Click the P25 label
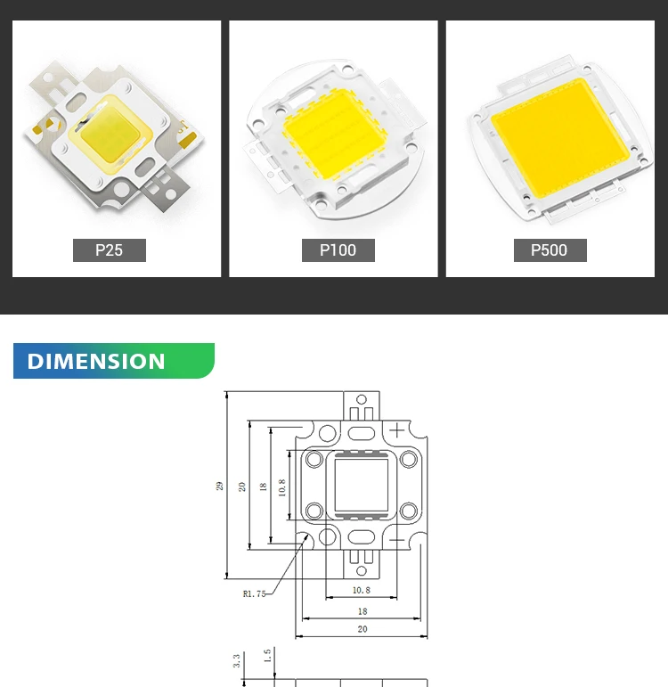109,250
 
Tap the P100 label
338,250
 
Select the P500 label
549,250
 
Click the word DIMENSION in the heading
96,361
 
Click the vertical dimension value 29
219,486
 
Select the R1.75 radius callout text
254,594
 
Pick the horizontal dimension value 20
362,629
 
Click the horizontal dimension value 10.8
361,590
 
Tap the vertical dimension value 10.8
282,487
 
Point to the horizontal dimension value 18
362,611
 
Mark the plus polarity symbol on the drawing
396,430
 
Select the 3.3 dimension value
236,661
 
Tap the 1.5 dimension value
267,657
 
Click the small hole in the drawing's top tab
361,399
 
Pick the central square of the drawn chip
361,486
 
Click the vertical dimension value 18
262,487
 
